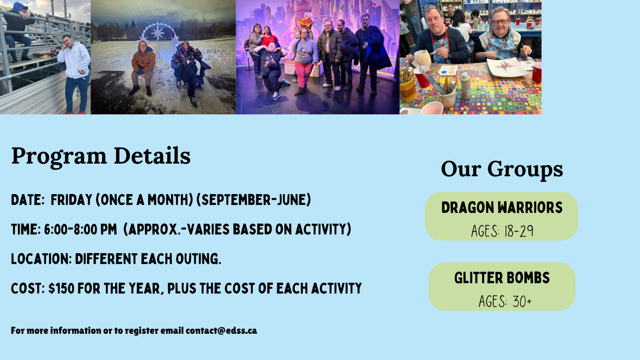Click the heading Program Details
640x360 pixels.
click(x=101, y=156)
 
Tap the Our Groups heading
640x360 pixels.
click(x=502, y=169)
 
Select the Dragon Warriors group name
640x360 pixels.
click(x=502, y=208)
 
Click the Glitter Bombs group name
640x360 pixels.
click(x=502, y=278)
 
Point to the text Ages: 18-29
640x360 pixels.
click(x=502, y=231)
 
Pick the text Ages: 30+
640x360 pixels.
click(x=505, y=301)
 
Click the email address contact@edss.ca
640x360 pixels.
click(x=221, y=330)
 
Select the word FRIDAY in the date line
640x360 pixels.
click(x=71, y=200)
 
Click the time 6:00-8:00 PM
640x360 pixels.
click(x=80, y=229)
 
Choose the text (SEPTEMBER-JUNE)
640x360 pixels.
click(x=253, y=200)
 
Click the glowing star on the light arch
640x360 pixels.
click(x=157, y=33)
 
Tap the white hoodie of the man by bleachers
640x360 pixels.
click(x=75, y=60)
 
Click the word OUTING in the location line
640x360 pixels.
click(x=198, y=259)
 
